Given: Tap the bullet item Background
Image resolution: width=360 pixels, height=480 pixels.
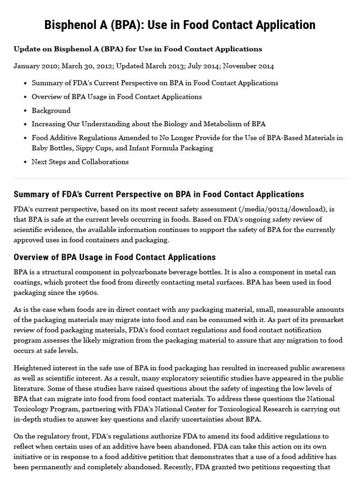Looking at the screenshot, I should [x=51, y=111].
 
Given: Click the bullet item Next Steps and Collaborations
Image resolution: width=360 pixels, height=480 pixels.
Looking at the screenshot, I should [x=80, y=162].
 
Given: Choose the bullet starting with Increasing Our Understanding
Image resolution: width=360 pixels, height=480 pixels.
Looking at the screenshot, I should [x=149, y=124].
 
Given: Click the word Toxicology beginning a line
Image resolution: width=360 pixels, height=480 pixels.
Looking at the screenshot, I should [x=31, y=409].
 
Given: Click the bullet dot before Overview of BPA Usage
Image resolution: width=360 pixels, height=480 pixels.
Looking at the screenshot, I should [x=25, y=97].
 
